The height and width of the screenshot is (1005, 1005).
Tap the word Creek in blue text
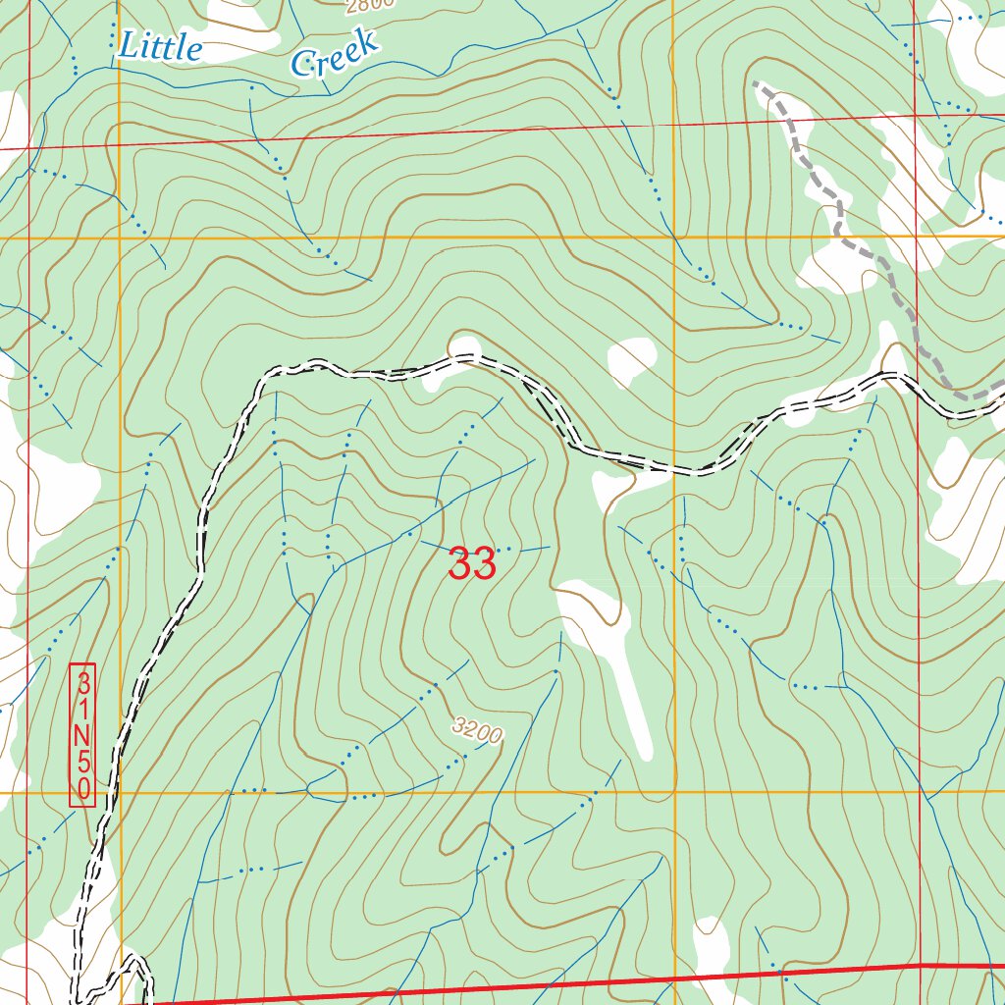point(335,55)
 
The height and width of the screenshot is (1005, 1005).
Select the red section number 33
point(471,564)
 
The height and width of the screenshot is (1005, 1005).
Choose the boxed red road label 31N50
point(83,736)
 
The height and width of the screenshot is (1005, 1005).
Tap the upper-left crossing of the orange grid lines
point(120,238)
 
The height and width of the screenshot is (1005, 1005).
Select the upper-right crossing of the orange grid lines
point(673,238)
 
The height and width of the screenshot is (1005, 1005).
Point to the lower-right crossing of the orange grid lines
point(675,791)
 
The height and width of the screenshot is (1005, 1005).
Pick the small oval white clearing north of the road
point(632,357)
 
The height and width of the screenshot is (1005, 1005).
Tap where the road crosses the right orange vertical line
point(675,469)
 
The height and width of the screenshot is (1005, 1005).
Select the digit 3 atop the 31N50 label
point(83,681)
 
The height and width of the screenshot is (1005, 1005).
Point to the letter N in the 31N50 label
point(83,736)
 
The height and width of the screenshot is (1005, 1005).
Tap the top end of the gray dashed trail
point(756,84)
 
